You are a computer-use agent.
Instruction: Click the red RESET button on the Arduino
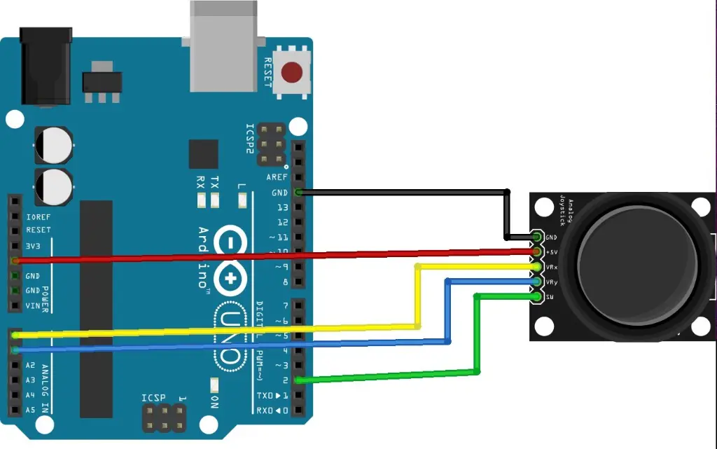[291, 71]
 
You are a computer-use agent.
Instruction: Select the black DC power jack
[46, 67]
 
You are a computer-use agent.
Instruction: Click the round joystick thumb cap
[636, 267]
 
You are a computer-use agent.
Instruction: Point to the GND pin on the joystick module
[537, 237]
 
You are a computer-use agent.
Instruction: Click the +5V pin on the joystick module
[537, 251]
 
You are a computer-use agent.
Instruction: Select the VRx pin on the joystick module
[537, 267]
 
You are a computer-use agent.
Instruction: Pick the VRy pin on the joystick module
[537, 282]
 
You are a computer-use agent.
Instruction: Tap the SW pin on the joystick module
[537, 297]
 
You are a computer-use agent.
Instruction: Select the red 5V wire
[280, 256]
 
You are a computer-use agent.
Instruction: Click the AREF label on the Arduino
[276, 178]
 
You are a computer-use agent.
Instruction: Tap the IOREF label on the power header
[38, 217]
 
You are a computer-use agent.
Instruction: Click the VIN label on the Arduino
[33, 305]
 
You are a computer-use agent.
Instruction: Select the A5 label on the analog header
[30, 410]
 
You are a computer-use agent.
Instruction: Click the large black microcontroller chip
[97, 308]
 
